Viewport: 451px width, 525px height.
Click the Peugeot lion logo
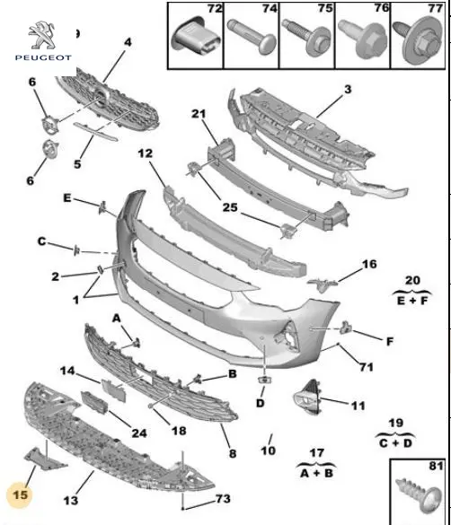coord(41,35)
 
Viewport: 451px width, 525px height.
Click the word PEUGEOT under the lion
coord(43,57)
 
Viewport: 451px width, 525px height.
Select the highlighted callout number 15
coord(20,494)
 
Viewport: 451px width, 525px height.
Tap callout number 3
coord(348,89)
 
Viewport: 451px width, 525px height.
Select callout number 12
coord(145,153)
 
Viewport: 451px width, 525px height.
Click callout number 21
coord(199,114)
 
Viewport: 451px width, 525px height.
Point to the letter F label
coord(390,341)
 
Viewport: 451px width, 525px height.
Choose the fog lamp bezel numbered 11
coord(306,397)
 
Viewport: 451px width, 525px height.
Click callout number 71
coord(367,367)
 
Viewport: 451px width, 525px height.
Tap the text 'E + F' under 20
coord(412,301)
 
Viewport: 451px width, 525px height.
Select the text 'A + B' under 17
coord(316,473)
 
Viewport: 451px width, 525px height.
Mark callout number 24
coord(139,433)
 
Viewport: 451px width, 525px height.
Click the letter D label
coord(261,403)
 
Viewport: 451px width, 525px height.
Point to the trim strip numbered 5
coord(95,131)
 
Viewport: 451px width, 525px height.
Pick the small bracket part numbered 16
coord(322,284)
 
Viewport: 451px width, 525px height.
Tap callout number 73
coord(223,499)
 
